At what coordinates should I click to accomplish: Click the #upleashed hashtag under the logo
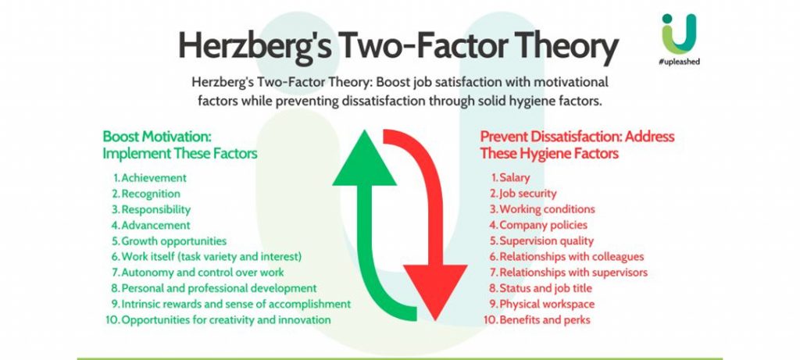(x=679, y=62)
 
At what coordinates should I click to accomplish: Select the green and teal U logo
(x=679, y=34)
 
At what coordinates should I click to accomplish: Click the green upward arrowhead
(x=364, y=158)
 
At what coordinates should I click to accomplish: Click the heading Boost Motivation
(x=157, y=137)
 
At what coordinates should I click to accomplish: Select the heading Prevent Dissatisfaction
(x=551, y=137)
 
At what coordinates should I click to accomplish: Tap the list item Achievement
(x=154, y=178)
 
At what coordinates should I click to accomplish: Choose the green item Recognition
(x=151, y=194)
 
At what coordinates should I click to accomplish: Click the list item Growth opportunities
(x=173, y=241)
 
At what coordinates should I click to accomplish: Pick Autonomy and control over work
(x=202, y=273)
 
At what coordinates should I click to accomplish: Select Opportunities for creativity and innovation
(x=226, y=320)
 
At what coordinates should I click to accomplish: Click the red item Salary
(x=514, y=178)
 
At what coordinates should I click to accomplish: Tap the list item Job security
(x=528, y=194)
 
